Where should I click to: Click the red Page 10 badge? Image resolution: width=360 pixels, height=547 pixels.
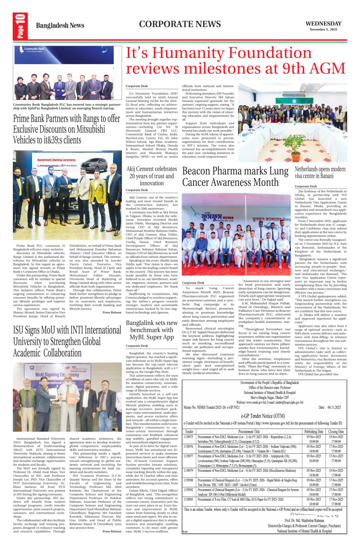point(20,26)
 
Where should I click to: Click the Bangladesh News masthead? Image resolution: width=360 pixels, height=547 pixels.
point(60,26)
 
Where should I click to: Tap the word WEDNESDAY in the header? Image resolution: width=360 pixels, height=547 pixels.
point(323,24)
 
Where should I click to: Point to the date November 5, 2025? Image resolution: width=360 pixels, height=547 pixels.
point(323,29)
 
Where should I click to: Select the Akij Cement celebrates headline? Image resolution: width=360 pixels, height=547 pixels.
point(151,176)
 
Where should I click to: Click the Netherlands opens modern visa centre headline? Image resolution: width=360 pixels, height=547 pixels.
point(320,172)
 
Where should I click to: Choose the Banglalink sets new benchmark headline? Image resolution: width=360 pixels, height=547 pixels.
point(151,330)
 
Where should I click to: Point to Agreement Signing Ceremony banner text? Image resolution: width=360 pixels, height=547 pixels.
point(56,160)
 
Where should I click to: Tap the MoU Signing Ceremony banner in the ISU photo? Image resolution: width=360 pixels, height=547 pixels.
point(59,375)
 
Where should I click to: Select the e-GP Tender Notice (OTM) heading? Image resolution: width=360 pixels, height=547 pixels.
point(263,416)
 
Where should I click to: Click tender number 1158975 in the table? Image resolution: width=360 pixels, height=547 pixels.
point(188,437)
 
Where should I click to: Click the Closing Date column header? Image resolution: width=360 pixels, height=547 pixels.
point(336,432)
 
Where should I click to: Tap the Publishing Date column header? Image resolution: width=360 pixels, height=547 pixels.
point(314,432)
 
